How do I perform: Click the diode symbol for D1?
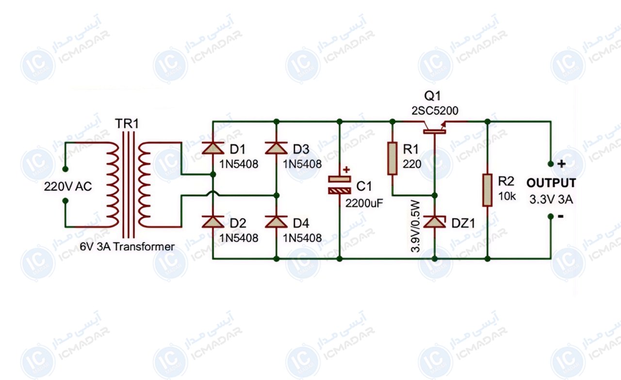pyautogui.click(x=213, y=148)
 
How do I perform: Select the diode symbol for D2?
pyautogui.click(x=213, y=222)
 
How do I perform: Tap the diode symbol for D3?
pyautogui.click(x=276, y=148)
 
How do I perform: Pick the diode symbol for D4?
pyautogui.click(x=276, y=222)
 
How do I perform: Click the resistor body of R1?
pyautogui.click(x=392, y=158)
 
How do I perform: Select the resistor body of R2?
pyautogui.click(x=488, y=190)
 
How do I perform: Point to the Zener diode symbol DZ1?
pyautogui.click(x=435, y=222)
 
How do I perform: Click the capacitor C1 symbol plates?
pyautogui.click(x=339, y=185)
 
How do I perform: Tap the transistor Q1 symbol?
pyautogui.click(x=435, y=127)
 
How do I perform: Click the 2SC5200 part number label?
pyautogui.click(x=435, y=111)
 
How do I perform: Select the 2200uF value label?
pyautogui.click(x=364, y=204)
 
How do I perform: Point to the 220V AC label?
pyautogui.click(x=68, y=187)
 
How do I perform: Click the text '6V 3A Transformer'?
pyautogui.click(x=127, y=247)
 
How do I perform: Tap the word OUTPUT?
pyautogui.click(x=551, y=183)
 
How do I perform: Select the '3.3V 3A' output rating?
pyautogui.click(x=551, y=199)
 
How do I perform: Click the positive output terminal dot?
pyautogui.click(x=551, y=164)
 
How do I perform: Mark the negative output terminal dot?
pyautogui.click(x=551, y=216)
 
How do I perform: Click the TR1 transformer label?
pyautogui.click(x=127, y=124)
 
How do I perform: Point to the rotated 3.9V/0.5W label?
pyautogui.click(x=415, y=226)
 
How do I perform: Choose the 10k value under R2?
pyautogui.click(x=507, y=196)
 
